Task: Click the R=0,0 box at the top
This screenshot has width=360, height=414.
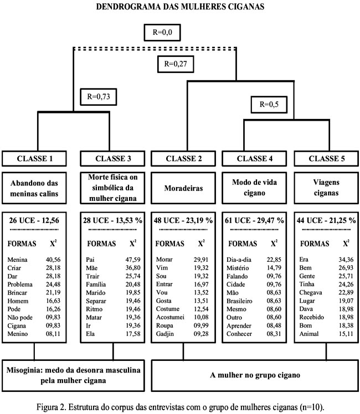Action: (162, 33)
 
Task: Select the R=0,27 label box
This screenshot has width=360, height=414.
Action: (176, 64)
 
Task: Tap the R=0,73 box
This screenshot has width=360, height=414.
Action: (99, 97)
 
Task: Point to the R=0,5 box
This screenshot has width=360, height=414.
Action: (269, 104)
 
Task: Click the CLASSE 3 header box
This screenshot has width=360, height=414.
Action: (113, 158)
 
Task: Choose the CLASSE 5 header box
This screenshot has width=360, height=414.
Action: (326, 158)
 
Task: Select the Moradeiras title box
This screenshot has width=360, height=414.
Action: (183, 188)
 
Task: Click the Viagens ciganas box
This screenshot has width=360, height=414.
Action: (326, 188)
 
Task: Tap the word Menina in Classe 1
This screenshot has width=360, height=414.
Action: (17, 260)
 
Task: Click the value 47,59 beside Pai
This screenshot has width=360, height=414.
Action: (133, 260)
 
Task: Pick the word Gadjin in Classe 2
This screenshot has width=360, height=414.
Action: (165, 334)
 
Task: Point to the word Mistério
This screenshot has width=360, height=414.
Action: (238, 268)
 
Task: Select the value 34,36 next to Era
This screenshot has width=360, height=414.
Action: (346, 260)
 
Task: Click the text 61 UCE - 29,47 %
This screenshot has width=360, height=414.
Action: (254, 220)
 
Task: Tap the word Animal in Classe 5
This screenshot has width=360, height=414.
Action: (309, 334)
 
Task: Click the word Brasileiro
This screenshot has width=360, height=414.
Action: (239, 301)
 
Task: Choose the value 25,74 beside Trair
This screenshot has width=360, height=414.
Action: (133, 276)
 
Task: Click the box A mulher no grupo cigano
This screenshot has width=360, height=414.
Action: (255, 375)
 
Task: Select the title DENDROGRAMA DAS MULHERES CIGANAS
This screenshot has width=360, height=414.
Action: (180, 6)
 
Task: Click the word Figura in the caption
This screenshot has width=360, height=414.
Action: (46, 407)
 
